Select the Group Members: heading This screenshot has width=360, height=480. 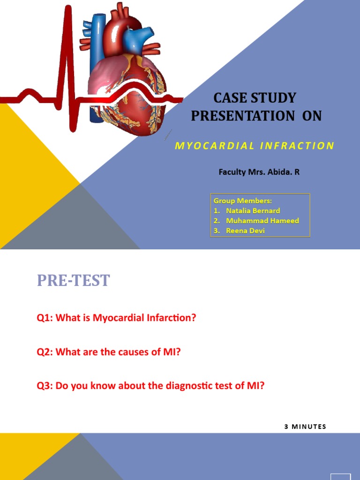pyautogui.click(x=243, y=201)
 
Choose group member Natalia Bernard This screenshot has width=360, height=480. pyautogui.click(x=253, y=210)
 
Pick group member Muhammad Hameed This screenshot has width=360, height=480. pyautogui.click(x=262, y=220)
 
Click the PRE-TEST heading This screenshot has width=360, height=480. pyautogui.click(x=73, y=280)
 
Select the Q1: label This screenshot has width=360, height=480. pyautogui.click(x=45, y=318)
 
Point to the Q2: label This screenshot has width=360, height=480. pyautogui.click(x=45, y=352)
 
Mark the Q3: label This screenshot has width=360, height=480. pyautogui.click(x=45, y=387)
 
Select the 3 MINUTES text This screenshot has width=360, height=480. pyautogui.click(x=305, y=427)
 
